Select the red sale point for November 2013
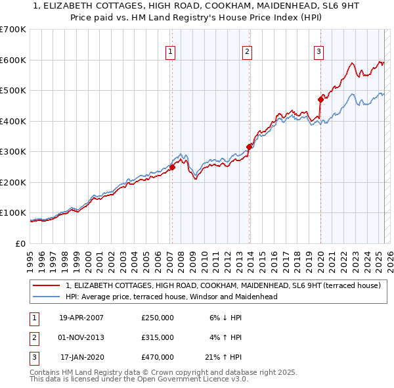point(249,147)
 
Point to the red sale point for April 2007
point(172,167)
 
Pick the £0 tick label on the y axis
point(20,243)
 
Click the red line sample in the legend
point(47,285)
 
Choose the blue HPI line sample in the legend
point(47,297)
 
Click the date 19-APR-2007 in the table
point(81,318)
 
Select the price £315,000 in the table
point(158,337)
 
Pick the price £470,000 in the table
point(158,357)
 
